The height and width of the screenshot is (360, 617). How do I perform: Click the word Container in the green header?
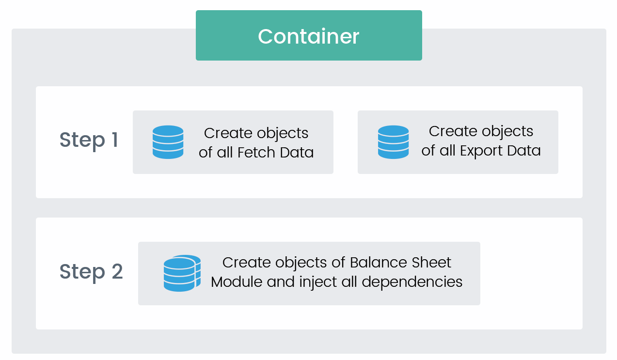click(308, 36)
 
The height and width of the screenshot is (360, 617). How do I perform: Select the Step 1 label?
click(89, 141)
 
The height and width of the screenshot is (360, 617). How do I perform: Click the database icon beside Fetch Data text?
click(168, 142)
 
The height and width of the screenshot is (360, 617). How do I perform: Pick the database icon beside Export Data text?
click(394, 142)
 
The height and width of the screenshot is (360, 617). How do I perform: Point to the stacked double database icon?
click(182, 273)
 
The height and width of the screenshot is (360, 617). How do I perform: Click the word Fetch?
click(256, 152)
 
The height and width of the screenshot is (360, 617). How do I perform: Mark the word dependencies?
click(412, 282)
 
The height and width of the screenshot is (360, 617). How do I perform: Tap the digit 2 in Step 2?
click(117, 271)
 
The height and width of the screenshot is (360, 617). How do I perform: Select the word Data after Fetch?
click(297, 152)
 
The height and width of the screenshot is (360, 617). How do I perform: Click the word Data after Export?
click(524, 151)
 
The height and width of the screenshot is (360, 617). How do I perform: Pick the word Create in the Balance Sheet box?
click(247, 262)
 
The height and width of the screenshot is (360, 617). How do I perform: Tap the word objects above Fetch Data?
click(283, 134)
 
